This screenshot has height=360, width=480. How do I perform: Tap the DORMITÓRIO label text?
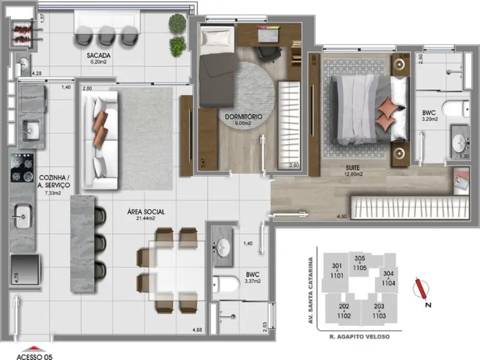(243, 117)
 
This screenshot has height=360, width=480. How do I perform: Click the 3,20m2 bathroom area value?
(430, 119)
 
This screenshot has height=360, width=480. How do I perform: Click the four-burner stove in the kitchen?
(22, 167)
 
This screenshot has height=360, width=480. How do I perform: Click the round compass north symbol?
(423, 288)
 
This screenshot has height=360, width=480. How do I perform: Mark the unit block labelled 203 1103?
(379, 312)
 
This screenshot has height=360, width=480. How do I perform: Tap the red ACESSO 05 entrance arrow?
(34, 348)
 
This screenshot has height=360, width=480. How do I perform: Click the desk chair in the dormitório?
(269, 52)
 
